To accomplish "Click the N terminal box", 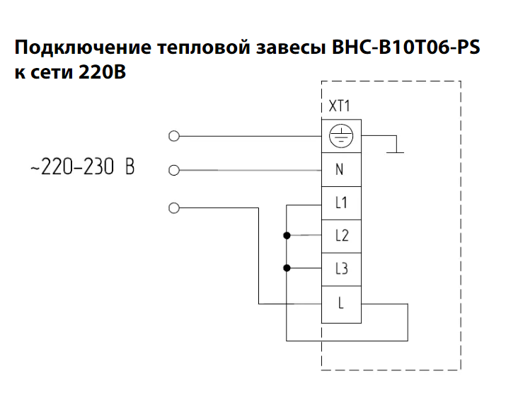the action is (341, 169).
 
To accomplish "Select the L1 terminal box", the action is (341, 203).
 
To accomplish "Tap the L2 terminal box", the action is (341, 237).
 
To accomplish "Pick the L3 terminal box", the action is (341, 269).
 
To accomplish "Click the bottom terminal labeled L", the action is (341, 305).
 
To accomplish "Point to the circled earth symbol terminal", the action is (341, 136).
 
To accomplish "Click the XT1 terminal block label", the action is (339, 106).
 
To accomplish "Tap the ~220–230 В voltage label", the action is (83, 166).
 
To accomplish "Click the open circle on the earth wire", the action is (174, 136).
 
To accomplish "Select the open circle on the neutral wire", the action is (174, 170).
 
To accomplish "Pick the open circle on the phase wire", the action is (174, 208).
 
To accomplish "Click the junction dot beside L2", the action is (287, 235).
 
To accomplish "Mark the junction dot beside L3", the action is (287, 268).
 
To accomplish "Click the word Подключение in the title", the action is (83, 47).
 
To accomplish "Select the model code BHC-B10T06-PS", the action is (405, 47).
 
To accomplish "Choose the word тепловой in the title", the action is (204, 47).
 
